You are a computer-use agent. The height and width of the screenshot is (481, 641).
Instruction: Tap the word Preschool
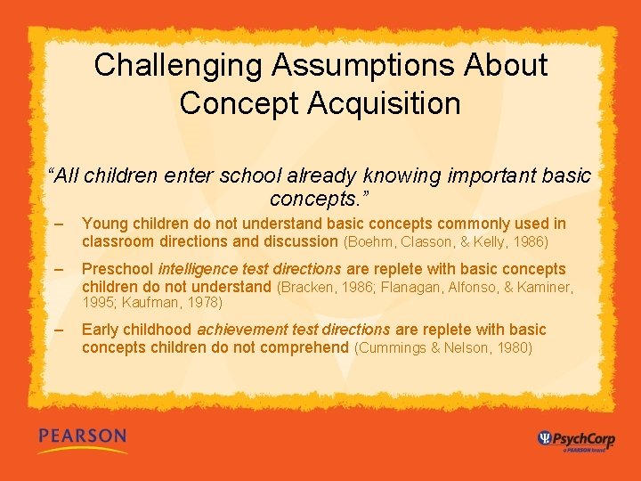[118, 269]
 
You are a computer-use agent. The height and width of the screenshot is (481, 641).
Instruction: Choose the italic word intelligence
[198, 269]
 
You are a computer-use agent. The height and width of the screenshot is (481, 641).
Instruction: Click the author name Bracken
[307, 288]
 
